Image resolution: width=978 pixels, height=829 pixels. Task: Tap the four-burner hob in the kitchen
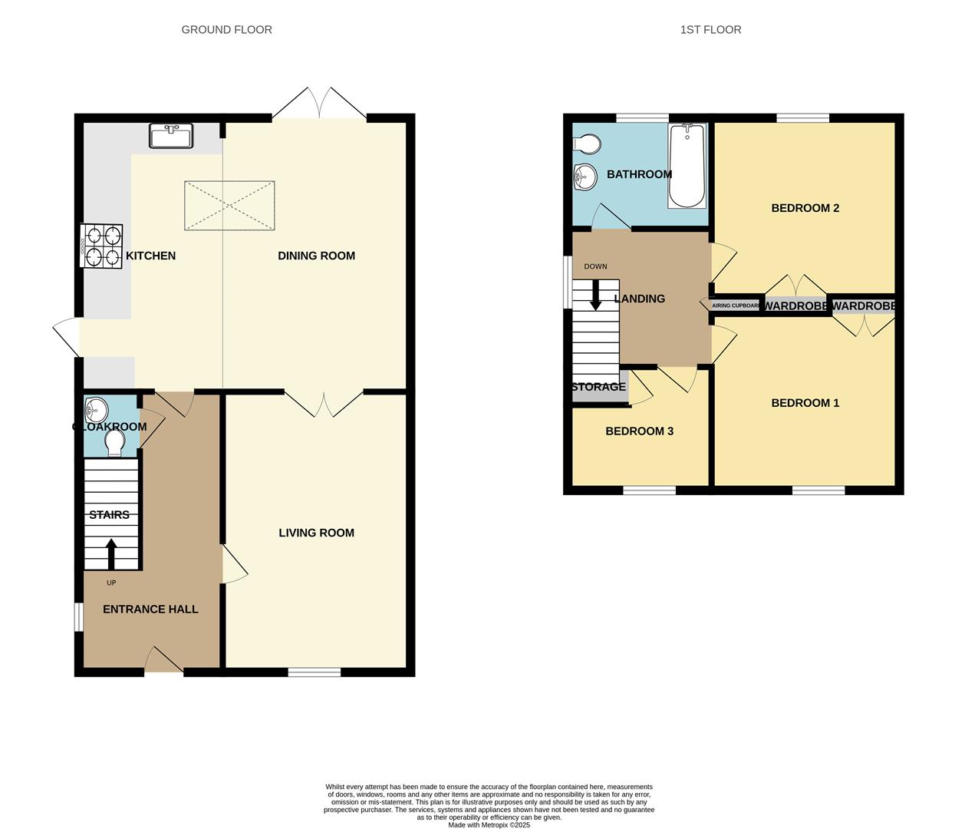click(101, 246)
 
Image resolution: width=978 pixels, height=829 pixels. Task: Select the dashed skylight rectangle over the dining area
click(229, 205)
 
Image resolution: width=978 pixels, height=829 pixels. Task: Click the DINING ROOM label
click(316, 256)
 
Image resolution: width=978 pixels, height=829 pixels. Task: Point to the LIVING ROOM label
click(316, 533)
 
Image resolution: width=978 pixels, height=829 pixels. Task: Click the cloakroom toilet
click(115, 443)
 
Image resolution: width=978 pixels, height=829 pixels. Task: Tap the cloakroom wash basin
click(96, 407)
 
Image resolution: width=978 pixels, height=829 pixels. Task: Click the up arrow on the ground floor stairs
click(110, 553)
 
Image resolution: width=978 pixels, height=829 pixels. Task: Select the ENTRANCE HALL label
click(150, 609)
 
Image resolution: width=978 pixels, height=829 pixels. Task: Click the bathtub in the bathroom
click(687, 166)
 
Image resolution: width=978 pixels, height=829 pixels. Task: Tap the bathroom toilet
click(587, 144)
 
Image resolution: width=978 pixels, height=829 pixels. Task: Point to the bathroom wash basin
click(584, 177)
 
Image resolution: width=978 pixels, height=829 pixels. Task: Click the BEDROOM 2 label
click(805, 208)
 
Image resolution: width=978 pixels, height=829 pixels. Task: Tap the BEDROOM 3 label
click(639, 431)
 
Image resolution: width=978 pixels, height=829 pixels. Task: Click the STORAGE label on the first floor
click(598, 387)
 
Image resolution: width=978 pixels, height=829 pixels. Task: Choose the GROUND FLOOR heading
click(226, 30)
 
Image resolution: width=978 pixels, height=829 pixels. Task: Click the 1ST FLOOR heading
click(710, 30)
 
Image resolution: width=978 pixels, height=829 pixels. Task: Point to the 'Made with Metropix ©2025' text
click(489, 825)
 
